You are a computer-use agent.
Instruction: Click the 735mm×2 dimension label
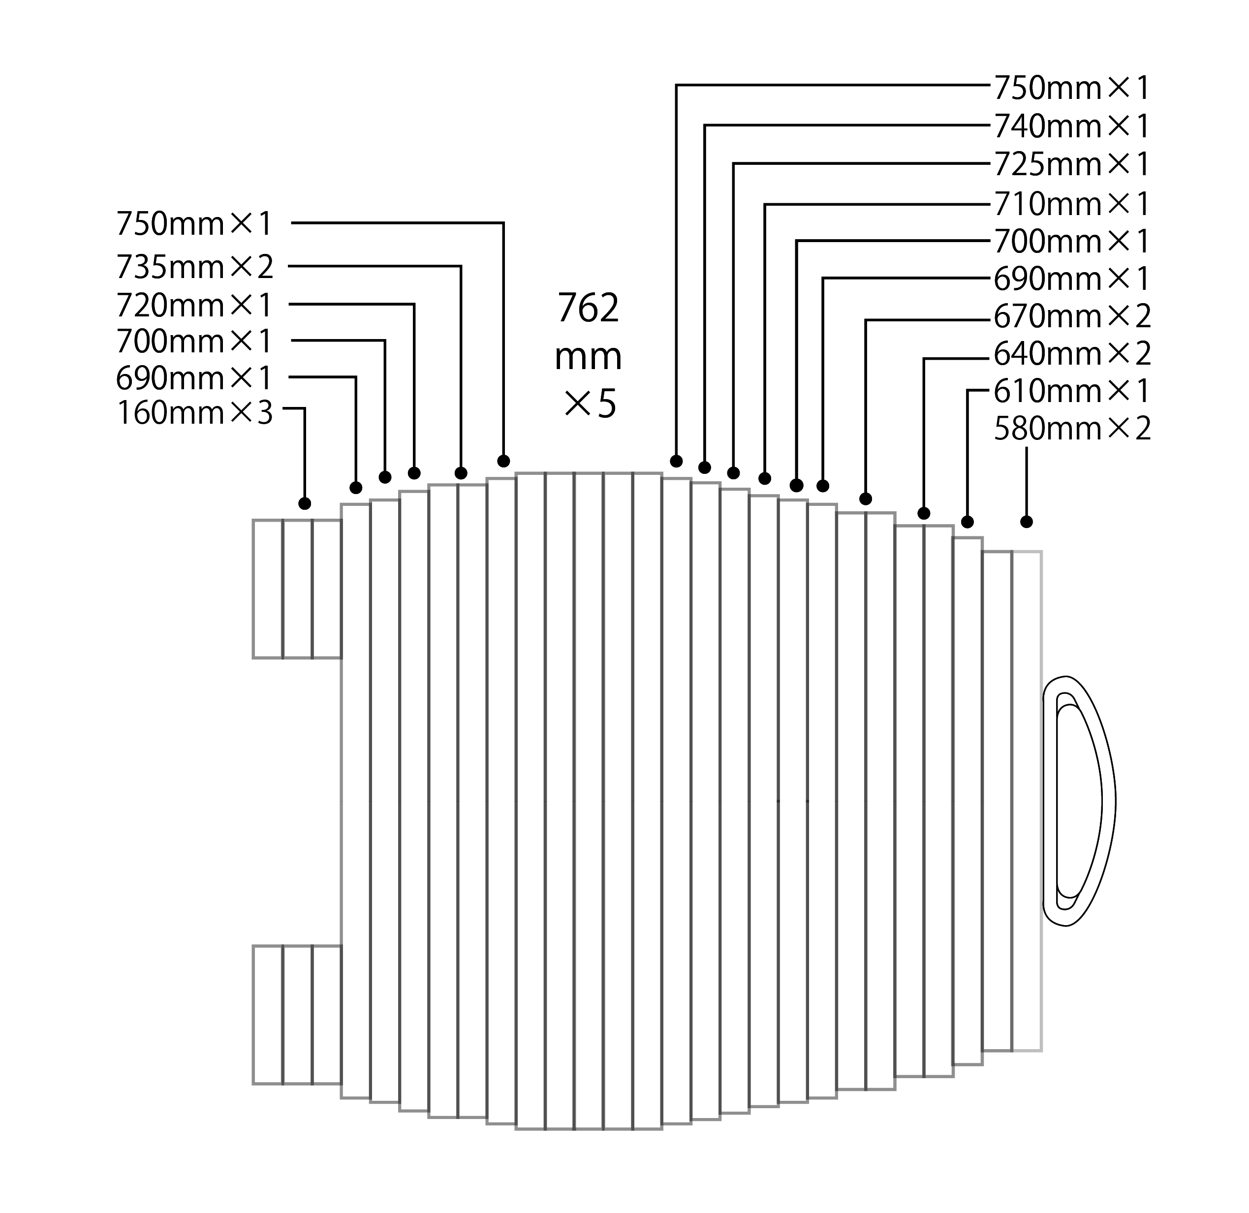click(194, 267)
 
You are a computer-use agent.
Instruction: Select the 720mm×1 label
click(194, 305)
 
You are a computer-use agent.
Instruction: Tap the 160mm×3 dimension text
click(194, 413)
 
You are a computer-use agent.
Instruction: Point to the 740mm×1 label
click(1072, 126)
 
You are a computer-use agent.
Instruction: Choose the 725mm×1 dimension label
click(1072, 164)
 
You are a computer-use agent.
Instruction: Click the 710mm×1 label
click(1072, 204)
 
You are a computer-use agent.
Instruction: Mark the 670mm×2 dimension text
click(1072, 316)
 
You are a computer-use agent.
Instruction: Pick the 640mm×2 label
click(1072, 354)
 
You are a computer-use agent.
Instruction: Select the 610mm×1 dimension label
click(1072, 391)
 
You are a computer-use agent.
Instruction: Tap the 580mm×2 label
click(1072, 429)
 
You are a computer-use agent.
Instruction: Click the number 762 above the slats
click(588, 309)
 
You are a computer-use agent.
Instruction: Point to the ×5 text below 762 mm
click(590, 404)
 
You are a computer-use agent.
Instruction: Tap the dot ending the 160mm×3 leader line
click(305, 503)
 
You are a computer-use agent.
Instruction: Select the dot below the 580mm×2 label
click(1026, 521)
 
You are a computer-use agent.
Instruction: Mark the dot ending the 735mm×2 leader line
click(461, 473)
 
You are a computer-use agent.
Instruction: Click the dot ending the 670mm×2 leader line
click(865, 498)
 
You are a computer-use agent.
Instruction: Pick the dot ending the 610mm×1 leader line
click(968, 522)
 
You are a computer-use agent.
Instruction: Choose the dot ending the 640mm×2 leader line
click(924, 513)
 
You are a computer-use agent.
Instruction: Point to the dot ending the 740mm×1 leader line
click(704, 467)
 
